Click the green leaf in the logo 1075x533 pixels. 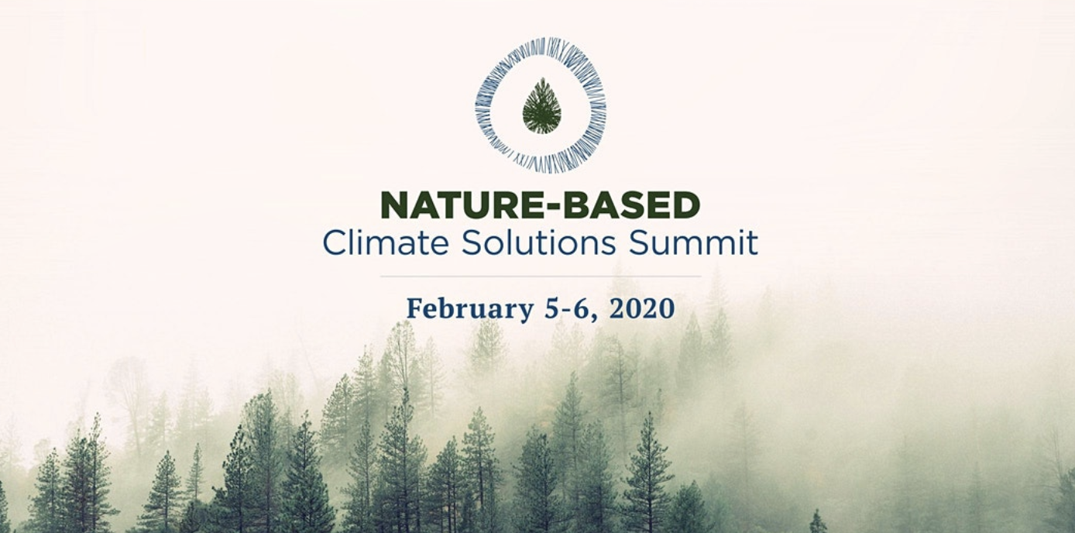point(541,106)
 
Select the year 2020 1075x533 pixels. point(642,308)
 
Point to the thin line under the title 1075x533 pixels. point(541,276)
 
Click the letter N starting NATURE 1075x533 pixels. point(393,206)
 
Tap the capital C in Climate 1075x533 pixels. point(333,242)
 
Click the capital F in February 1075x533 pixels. point(414,308)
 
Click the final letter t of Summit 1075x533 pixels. point(751,243)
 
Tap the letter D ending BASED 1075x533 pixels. point(686,206)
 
